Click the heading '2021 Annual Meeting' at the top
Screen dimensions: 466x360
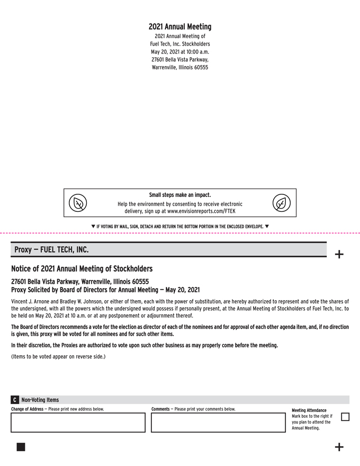[180, 26]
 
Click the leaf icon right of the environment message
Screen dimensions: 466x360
[282, 203]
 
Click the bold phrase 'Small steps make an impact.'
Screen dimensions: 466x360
[180, 195]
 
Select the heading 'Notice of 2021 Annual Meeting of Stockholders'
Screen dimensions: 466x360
[82, 269]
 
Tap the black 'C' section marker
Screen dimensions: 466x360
[15, 400]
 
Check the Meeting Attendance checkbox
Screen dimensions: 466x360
[345, 417]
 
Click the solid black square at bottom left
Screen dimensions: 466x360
[21, 446]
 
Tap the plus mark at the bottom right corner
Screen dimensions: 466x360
[339, 447]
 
